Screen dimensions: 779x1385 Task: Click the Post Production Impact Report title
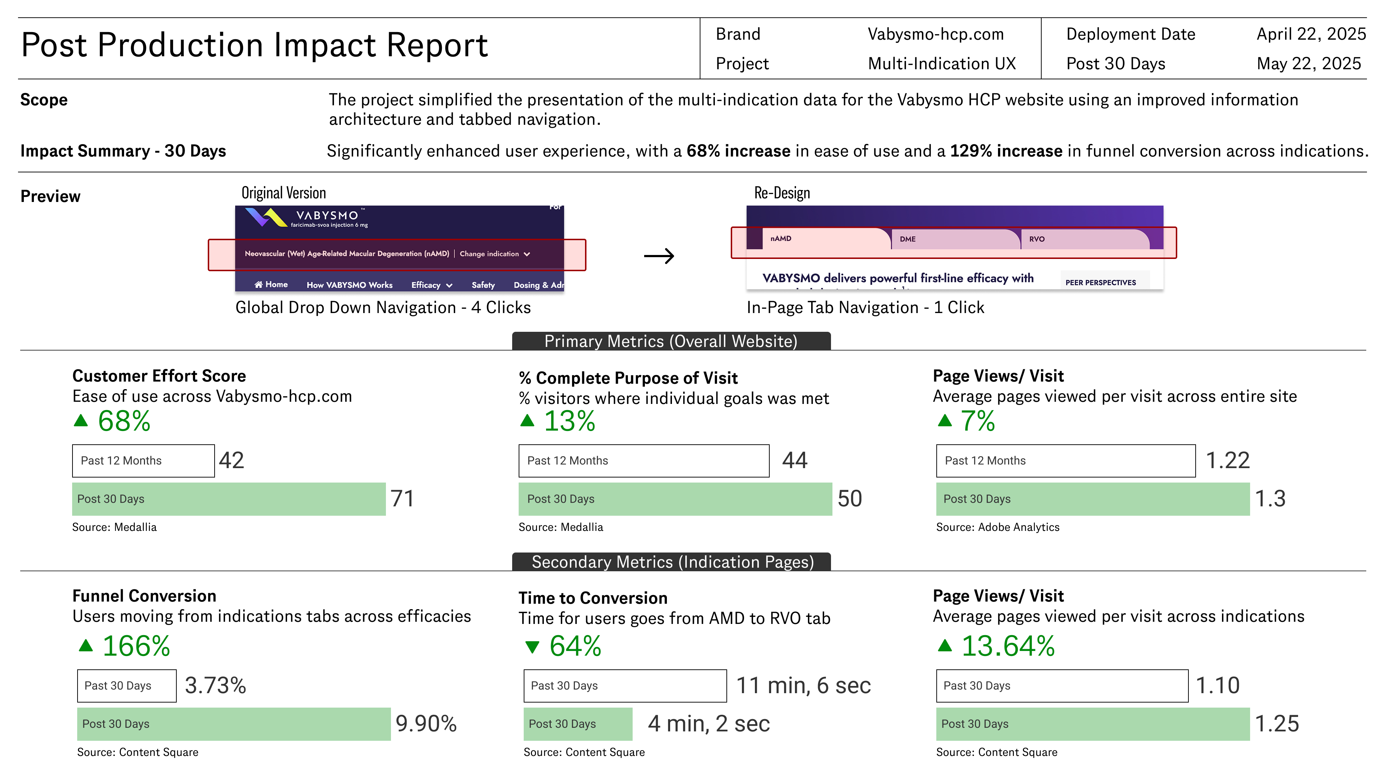click(254, 45)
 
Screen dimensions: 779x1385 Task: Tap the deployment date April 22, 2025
click(1310, 34)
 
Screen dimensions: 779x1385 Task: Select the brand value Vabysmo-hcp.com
click(936, 34)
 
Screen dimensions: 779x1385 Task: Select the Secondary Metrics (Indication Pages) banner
click(672, 562)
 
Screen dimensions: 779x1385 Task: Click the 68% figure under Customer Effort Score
click(124, 421)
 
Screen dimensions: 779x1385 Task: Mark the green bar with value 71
click(229, 499)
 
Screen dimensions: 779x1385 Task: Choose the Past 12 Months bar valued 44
click(643, 461)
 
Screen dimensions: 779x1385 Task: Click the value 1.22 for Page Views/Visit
click(1227, 461)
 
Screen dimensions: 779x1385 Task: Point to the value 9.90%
click(426, 723)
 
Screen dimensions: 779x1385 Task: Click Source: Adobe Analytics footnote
click(997, 527)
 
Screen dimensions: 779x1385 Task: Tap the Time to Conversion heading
click(593, 598)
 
